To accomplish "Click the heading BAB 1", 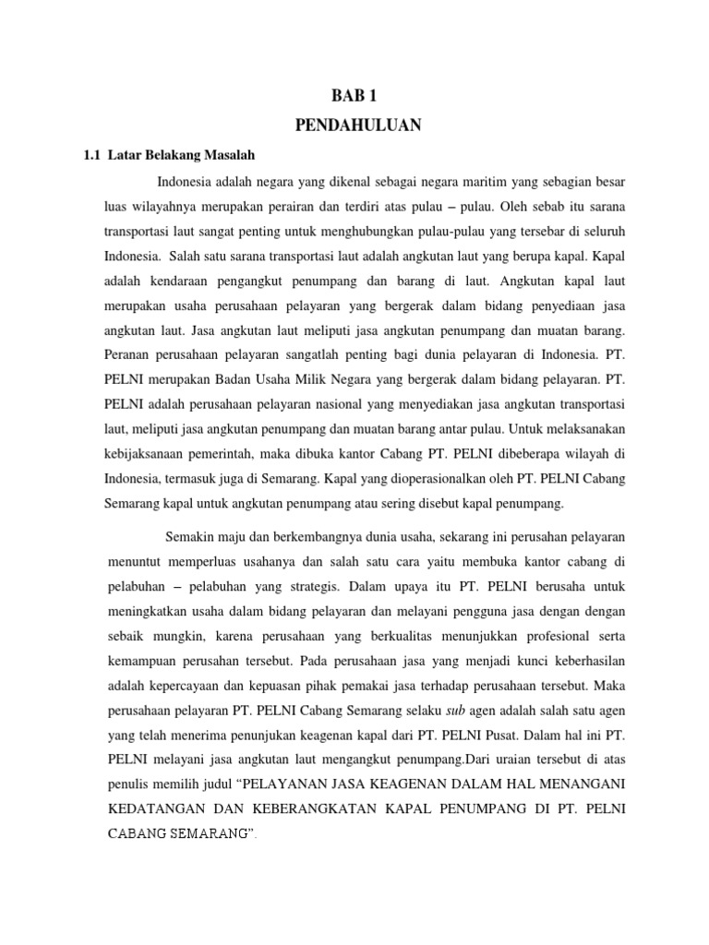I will click(354, 95).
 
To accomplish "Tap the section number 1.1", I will click(90, 154).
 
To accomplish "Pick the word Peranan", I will click(127, 353).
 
